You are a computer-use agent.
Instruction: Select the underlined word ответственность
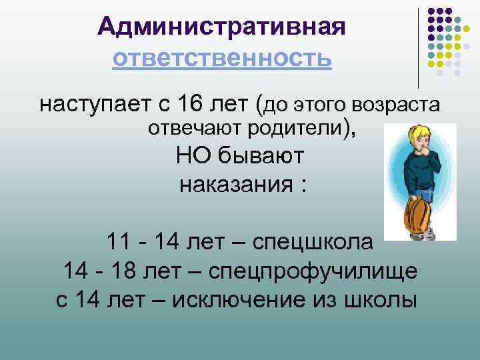point(221,58)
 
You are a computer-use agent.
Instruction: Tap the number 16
point(191,105)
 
